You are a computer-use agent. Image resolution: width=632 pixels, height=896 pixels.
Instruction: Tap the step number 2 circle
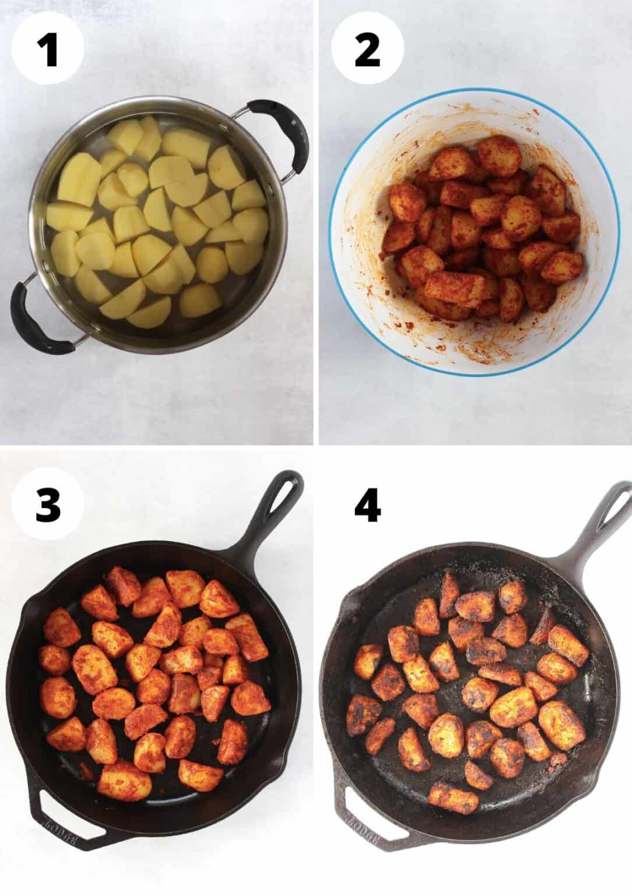coord(367,49)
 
